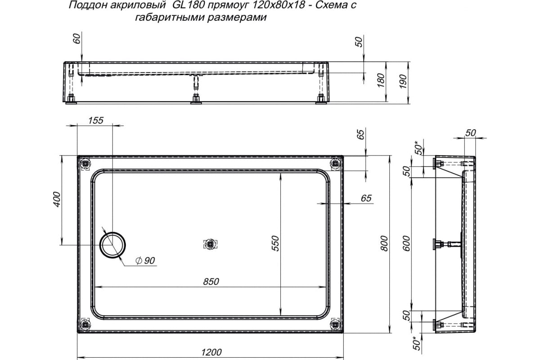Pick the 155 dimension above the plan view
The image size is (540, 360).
[x=95, y=120]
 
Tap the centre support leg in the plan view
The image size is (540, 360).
[x=210, y=244]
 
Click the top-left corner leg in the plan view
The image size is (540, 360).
[x=85, y=164]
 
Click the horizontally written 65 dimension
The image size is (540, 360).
[x=366, y=198]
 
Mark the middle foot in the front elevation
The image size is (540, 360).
[x=196, y=99]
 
